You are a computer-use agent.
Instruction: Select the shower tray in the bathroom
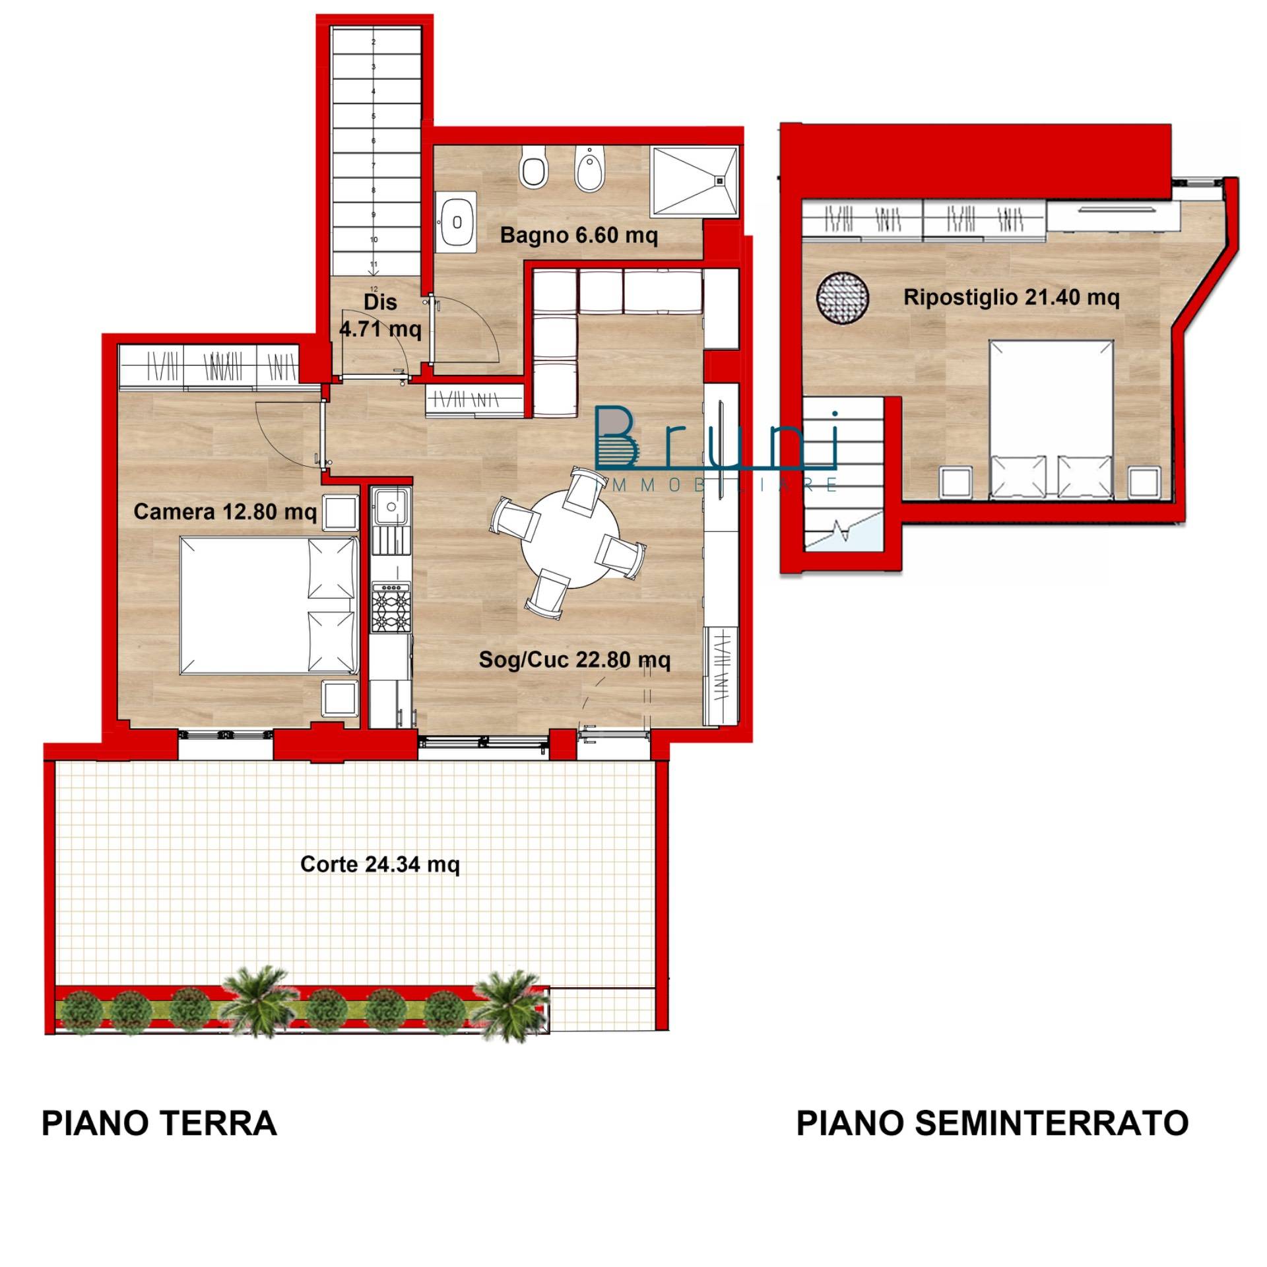tap(694, 180)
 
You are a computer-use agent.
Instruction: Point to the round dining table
tap(571, 540)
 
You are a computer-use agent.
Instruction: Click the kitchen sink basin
tap(391, 506)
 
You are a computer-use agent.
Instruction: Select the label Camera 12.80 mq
tap(225, 511)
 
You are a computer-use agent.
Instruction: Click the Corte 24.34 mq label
tap(379, 864)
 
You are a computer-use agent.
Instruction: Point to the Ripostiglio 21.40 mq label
tap(1011, 298)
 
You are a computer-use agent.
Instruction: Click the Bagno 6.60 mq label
tap(579, 235)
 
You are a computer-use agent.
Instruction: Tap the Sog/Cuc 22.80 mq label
tap(574, 659)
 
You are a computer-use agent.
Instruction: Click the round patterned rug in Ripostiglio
tap(843, 298)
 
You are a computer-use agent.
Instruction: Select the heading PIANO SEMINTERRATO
tap(992, 1122)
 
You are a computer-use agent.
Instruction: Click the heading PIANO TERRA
tap(159, 1123)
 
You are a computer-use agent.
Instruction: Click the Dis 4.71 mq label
tap(380, 315)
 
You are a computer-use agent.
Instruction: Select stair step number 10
tap(374, 240)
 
